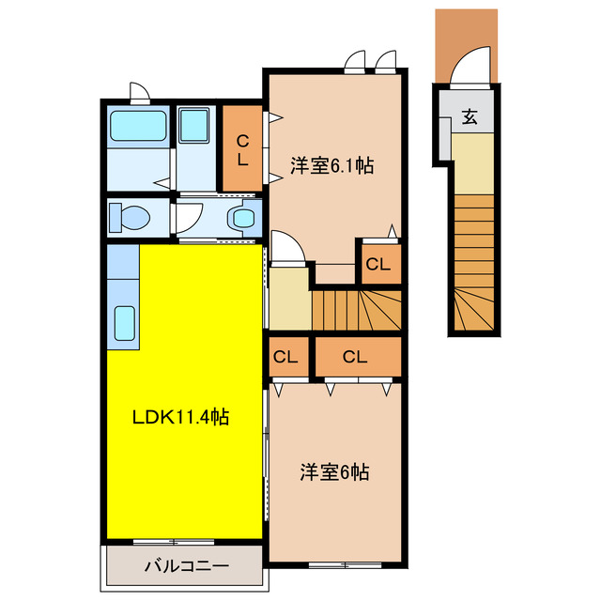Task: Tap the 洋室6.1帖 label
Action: point(331,166)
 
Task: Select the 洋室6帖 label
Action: point(334,471)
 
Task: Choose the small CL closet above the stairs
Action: point(378,264)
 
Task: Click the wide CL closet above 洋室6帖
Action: point(354,357)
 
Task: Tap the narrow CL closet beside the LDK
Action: point(286,357)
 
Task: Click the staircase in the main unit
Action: point(356,308)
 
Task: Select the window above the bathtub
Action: point(138,92)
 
